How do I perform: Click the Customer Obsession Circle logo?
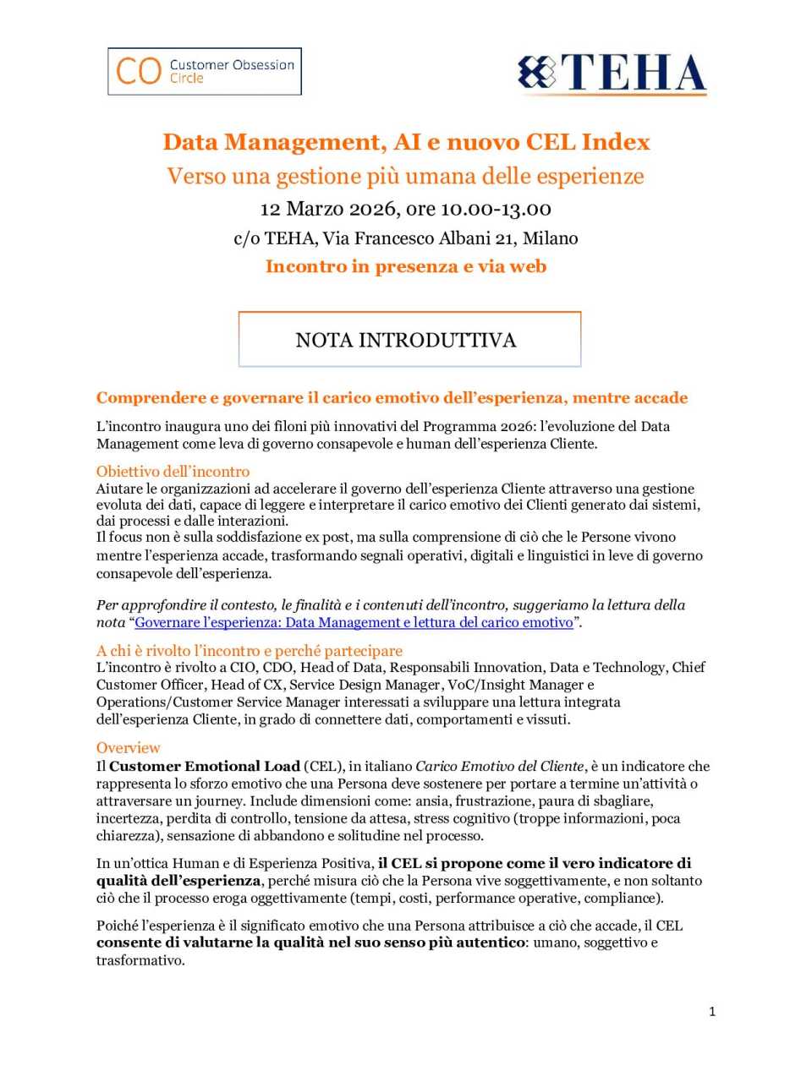click(x=205, y=71)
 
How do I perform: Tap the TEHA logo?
click(x=612, y=74)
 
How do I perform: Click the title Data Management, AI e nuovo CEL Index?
click(x=406, y=142)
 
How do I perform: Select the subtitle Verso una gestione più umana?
click(x=405, y=176)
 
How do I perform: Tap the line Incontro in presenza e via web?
click(x=406, y=266)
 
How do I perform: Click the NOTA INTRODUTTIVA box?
click(x=409, y=340)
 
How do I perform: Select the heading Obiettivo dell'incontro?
click(x=173, y=472)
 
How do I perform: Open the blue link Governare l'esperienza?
click(x=354, y=623)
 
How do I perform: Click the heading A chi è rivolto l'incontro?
click(x=249, y=651)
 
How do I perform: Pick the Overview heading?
click(x=128, y=748)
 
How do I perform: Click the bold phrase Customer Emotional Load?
click(x=205, y=767)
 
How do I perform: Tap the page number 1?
click(x=712, y=1011)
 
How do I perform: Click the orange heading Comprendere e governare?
click(x=392, y=398)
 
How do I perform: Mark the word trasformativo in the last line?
click(x=140, y=960)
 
